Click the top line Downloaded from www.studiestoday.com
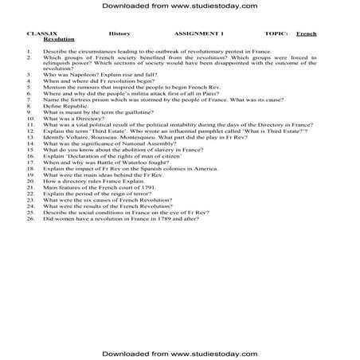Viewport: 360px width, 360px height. [x=179, y=6]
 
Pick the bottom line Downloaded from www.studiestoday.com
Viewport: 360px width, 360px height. [x=179, y=351]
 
